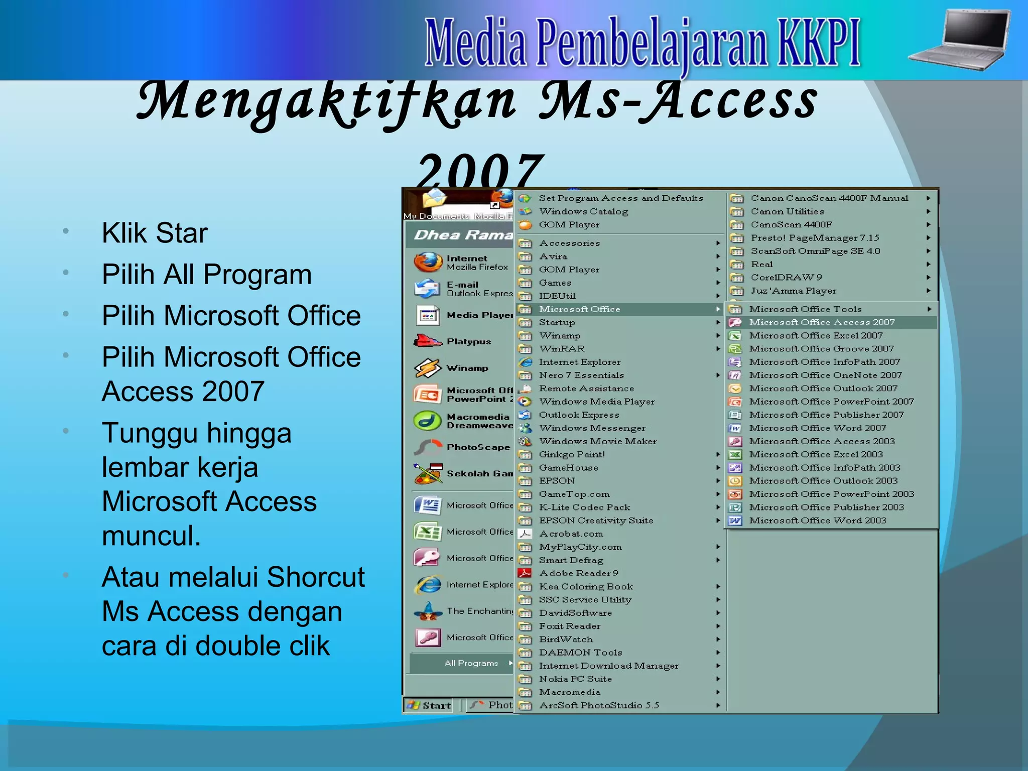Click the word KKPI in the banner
[818, 44]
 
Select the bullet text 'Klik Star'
[155, 233]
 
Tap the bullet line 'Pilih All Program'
[206, 275]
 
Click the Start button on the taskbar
[430, 705]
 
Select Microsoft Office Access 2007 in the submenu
[821, 322]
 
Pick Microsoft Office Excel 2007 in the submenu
[815, 335]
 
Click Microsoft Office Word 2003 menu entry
[817, 521]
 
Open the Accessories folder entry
[569, 243]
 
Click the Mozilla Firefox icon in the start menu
[427, 262]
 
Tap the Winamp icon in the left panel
[427, 368]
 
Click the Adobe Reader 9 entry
[578, 573]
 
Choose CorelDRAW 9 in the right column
[786, 277]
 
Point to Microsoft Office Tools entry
[805, 309]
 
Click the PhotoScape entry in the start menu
[477, 447]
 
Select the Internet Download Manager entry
[608, 666]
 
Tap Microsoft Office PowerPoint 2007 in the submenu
[831, 402]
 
